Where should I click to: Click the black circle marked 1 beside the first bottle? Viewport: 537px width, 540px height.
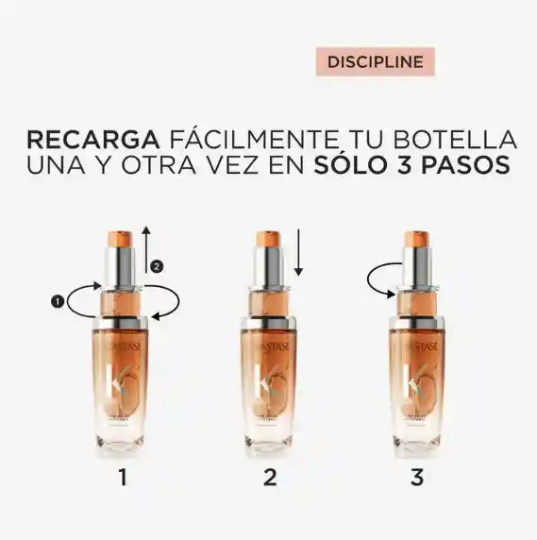(59, 302)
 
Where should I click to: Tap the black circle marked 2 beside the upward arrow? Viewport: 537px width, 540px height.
(158, 266)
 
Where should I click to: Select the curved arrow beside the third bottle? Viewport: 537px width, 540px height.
(378, 278)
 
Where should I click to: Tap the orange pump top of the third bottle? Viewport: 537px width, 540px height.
(418, 234)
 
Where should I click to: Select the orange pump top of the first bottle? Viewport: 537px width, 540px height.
(122, 234)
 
